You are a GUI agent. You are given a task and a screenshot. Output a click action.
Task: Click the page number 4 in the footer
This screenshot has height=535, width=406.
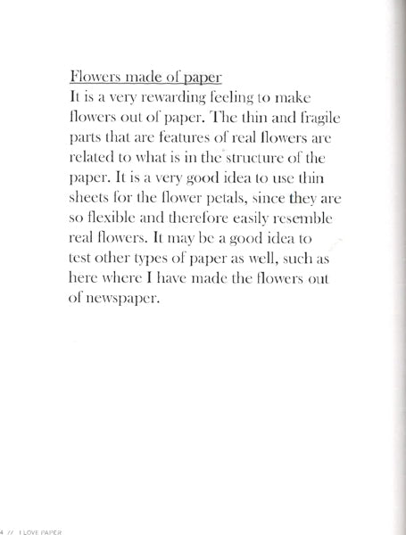point(4,528)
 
